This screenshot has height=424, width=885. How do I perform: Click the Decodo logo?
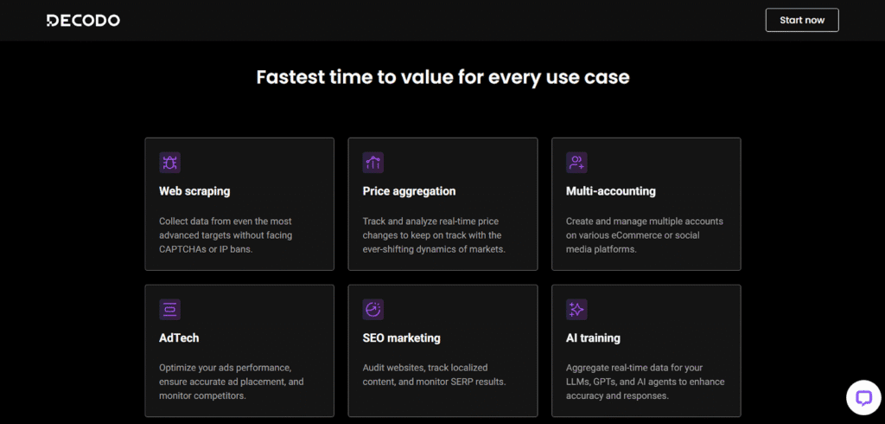point(83,21)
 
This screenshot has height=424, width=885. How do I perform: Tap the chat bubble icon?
point(863,398)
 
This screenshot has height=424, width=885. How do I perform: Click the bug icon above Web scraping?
point(170,163)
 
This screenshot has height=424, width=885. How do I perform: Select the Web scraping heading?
point(194,191)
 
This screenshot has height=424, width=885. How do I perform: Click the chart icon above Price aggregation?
point(373,163)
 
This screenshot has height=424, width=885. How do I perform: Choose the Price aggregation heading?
point(409,191)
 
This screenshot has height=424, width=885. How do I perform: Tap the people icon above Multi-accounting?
point(576,163)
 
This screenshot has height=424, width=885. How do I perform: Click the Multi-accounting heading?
point(611,191)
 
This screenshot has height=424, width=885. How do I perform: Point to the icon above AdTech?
point(170,310)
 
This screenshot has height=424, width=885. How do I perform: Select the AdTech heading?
point(179,338)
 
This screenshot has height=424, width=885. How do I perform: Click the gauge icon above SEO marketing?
point(373,310)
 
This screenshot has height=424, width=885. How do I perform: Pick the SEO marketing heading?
point(401,338)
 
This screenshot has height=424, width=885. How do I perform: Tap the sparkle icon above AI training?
point(576,310)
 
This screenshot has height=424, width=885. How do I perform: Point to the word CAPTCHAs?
point(183,249)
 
